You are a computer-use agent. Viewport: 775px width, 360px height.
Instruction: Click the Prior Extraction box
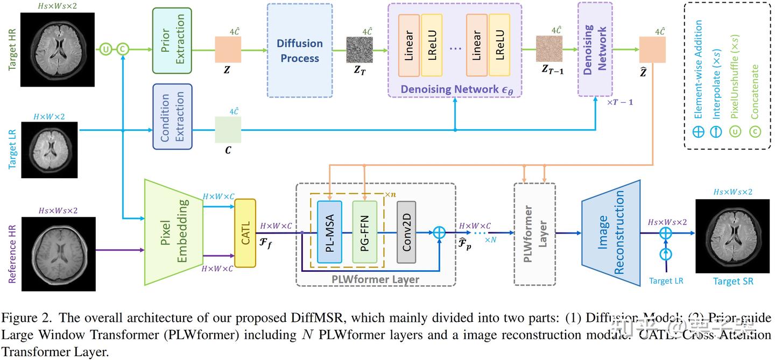[x=172, y=40]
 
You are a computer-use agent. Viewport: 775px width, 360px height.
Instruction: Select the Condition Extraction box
[x=172, y=116]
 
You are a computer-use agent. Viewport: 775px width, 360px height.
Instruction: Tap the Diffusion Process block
[x=300, y=51]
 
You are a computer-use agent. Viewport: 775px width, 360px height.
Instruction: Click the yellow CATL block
[x=245, y=233]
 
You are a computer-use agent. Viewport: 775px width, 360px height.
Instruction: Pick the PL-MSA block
[x=329, y=232]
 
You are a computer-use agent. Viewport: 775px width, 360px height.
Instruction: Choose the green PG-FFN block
[x=365, y=232]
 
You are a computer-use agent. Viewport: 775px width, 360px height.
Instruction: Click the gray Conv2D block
[x=406, y=232]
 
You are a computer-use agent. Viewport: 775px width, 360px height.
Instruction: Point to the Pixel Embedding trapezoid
[x=173, y=232]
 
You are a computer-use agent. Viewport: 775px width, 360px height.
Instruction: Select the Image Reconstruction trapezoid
[x=610, y=232]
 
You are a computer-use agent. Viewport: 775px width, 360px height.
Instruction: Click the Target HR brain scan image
[x=58, y=50]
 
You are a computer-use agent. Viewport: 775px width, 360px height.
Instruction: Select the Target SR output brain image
[x=732, y=236]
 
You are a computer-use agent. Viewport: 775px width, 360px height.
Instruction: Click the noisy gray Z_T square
[x=359, y=50]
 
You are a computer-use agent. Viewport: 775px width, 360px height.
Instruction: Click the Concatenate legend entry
[x=755, y=100]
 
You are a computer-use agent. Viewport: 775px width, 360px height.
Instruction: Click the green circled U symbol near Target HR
[x=105, y=50]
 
